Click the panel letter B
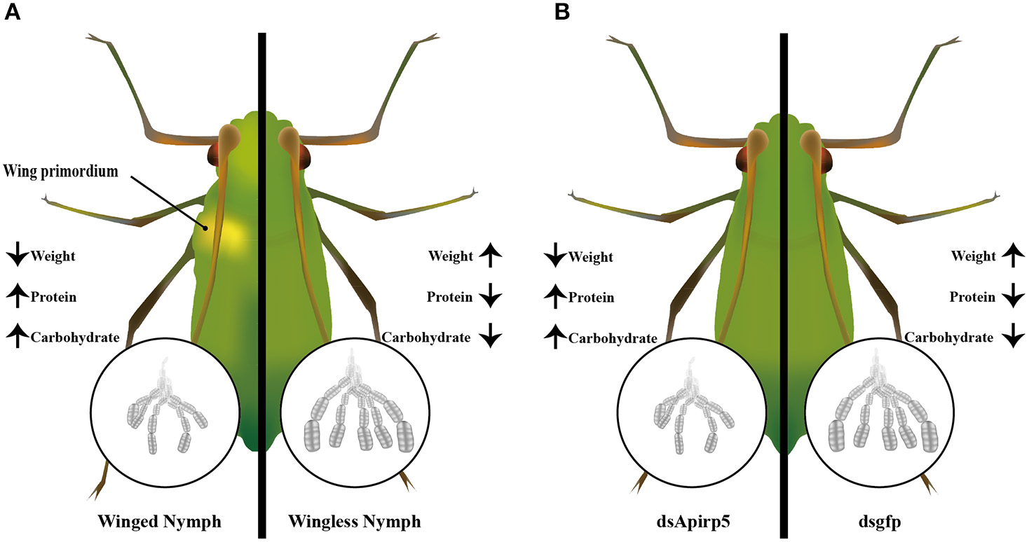click(561, 12)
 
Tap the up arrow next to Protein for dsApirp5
click(554, 297)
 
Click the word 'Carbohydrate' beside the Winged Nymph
click(75, 338)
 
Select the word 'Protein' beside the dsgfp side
click(972, 297)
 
